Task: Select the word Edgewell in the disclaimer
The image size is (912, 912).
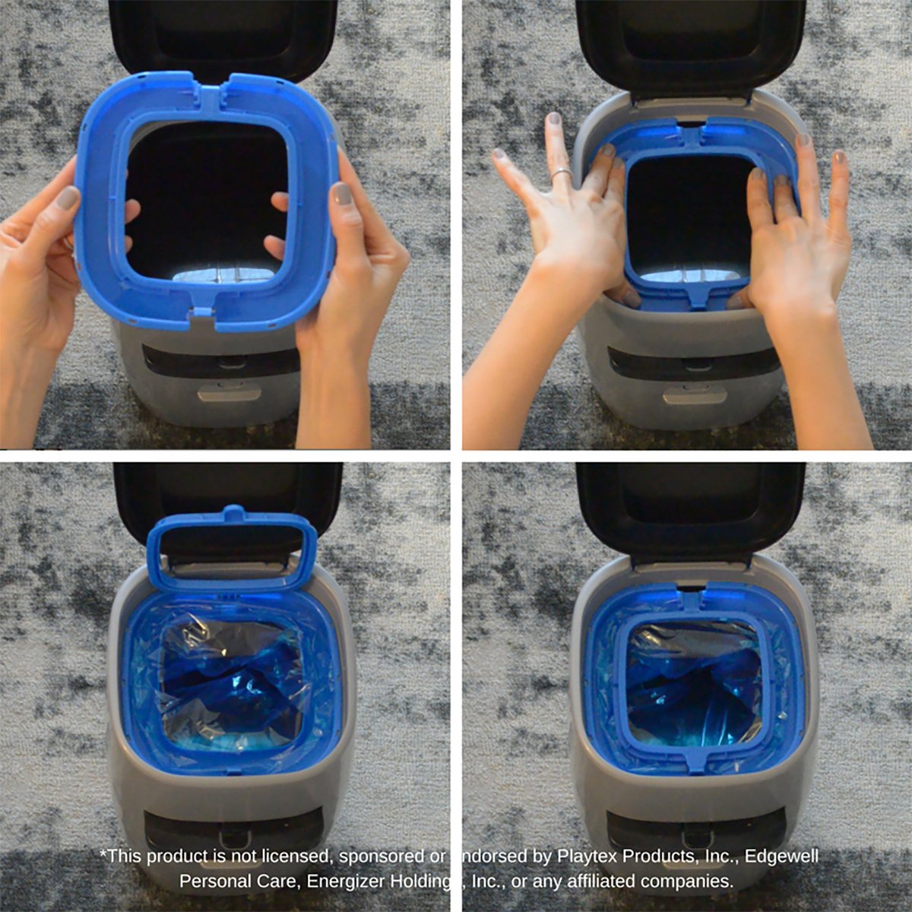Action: (x=781, y=857)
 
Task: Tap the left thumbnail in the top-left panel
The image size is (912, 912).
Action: (x=68, y=199)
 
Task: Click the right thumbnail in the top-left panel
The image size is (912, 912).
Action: (x=341, y=194)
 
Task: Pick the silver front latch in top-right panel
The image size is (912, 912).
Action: (x=693, y=394)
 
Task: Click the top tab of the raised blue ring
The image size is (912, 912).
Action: (x=233, y=514)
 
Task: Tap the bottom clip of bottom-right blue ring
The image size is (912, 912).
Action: (x=698, y=761)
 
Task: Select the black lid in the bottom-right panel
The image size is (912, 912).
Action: (x=690, y=509)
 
